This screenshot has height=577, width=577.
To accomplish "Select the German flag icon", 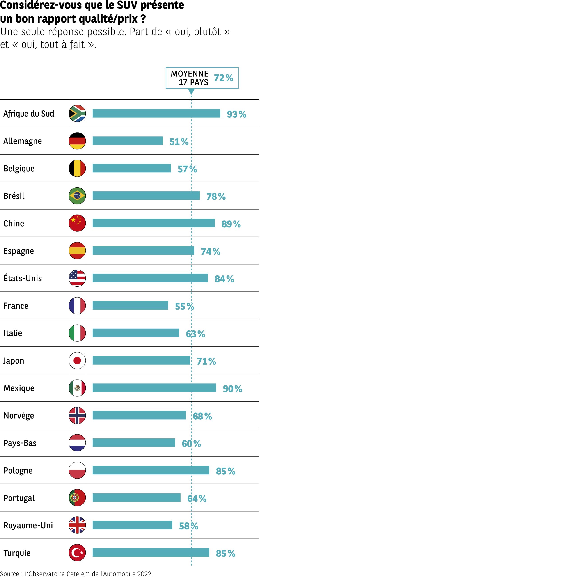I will click(x=77, y=141).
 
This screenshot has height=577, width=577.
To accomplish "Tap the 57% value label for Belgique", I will click(x=187, y=169).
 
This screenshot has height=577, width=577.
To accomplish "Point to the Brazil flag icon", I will click(x=77, y=196).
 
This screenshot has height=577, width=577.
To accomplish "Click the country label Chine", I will click(x=14, y=223).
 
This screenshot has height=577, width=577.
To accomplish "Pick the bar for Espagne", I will click(x=143, y=251).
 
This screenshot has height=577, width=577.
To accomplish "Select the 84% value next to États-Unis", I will click(x=224, y=279).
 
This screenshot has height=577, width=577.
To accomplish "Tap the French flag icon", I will click(x=77, y=306).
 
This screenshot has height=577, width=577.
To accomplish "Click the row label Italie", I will click(x=13, y=333).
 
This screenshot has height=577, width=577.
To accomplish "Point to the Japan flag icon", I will click(x=77, y=360).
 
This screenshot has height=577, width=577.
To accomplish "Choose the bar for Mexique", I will click(x=154, y=388).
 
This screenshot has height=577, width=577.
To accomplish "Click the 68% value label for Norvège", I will click(x=202, y=416).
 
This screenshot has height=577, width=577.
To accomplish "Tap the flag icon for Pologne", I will click(x=77, y=470).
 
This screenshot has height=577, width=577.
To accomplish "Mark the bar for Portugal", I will click(x=137, y=498).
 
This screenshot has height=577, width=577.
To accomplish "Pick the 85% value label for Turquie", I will click(x=225, y=553).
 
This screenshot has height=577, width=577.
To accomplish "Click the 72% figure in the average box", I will click(x=223, y=78).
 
